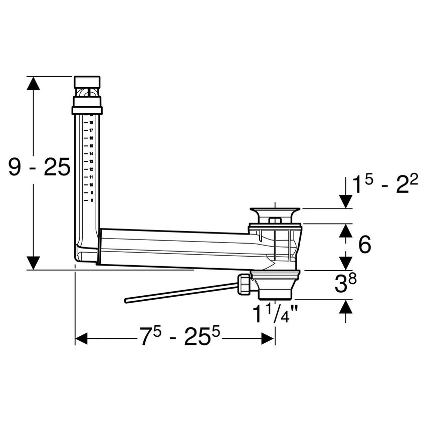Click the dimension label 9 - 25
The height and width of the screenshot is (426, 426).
pyautogui.click(x=39, y=168)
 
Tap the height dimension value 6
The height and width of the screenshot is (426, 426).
pyautogui.click(x=365, y=245)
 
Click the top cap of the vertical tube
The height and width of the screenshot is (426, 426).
pyautogui.click(x=87, y=82)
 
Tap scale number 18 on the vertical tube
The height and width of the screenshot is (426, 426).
pyautogui.click(x=92, y=122)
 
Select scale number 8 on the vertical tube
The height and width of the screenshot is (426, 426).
pyautogui.click(x=92, y=200)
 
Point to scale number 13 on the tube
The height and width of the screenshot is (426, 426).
pyautogui.click(x=92, y=161)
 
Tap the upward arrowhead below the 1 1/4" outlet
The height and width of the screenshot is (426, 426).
pyautogui.click(x=345, y=307)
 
